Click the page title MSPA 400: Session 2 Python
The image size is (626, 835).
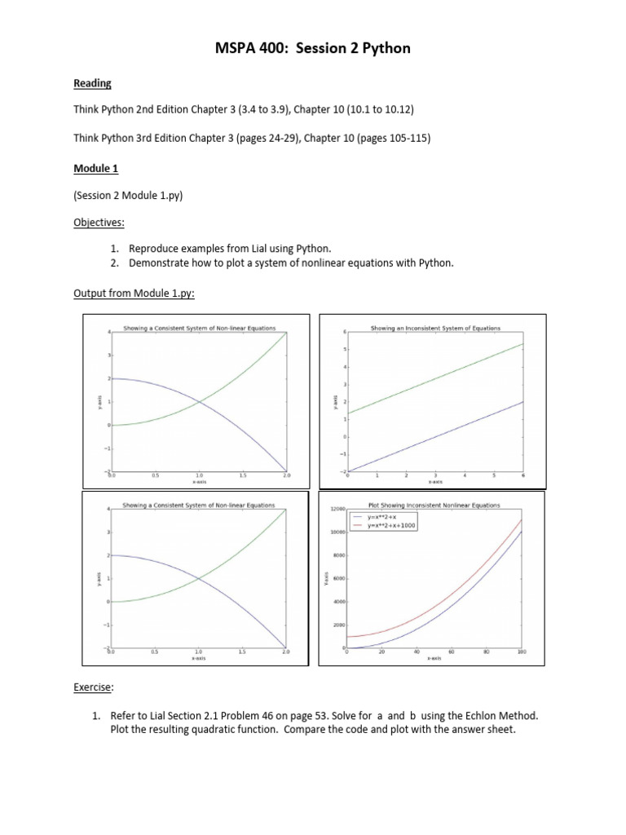tap(313, 49)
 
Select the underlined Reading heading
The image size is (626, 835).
tap(92, 83)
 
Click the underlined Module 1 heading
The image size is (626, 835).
tap(95, 168)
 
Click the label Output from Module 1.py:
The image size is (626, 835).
tap(134, 294)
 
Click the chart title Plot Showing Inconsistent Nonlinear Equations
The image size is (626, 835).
tap(434, 506)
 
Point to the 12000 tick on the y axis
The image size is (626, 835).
tap(337, 508)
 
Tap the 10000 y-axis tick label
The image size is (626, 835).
tap(337, 532)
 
